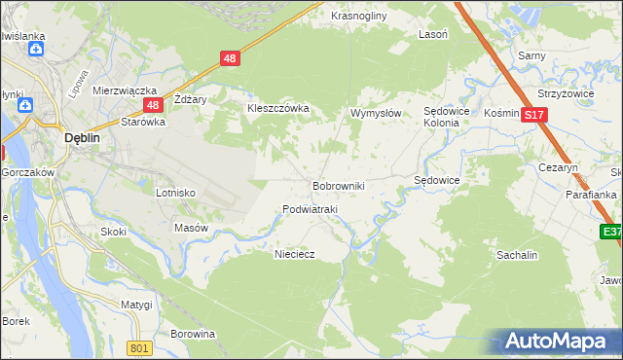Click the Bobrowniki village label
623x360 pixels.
pyautogui.click(x=338, y=185)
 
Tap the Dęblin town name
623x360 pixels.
pyautogui.click(x=82, y=138)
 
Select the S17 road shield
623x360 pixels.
pyautogui.click(x=532, y=114)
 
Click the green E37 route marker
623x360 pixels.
pyautogui.click(x=610, y=232)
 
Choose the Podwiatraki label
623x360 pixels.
pyautogui.click(x=310, y=210)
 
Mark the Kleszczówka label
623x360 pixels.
pyautogui.click(x=277, y=108)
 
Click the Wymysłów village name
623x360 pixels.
pyautogui.click(x=376, y=114)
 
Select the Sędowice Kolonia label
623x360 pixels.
pyautogui.click(x=448, y=118)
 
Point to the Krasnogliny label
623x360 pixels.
pyautogui.click(x=359, y=17)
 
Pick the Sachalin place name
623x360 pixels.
pyautogui.click(x=517, y=254)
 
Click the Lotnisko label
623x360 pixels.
pyautogui.click(x=176, y=193)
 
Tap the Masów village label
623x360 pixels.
pyautogui.click(x=191, y=228)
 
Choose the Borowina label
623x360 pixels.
pyautogui.click(x=192, y=334)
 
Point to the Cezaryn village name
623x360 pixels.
pyautogui.click(x=559, y=167)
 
